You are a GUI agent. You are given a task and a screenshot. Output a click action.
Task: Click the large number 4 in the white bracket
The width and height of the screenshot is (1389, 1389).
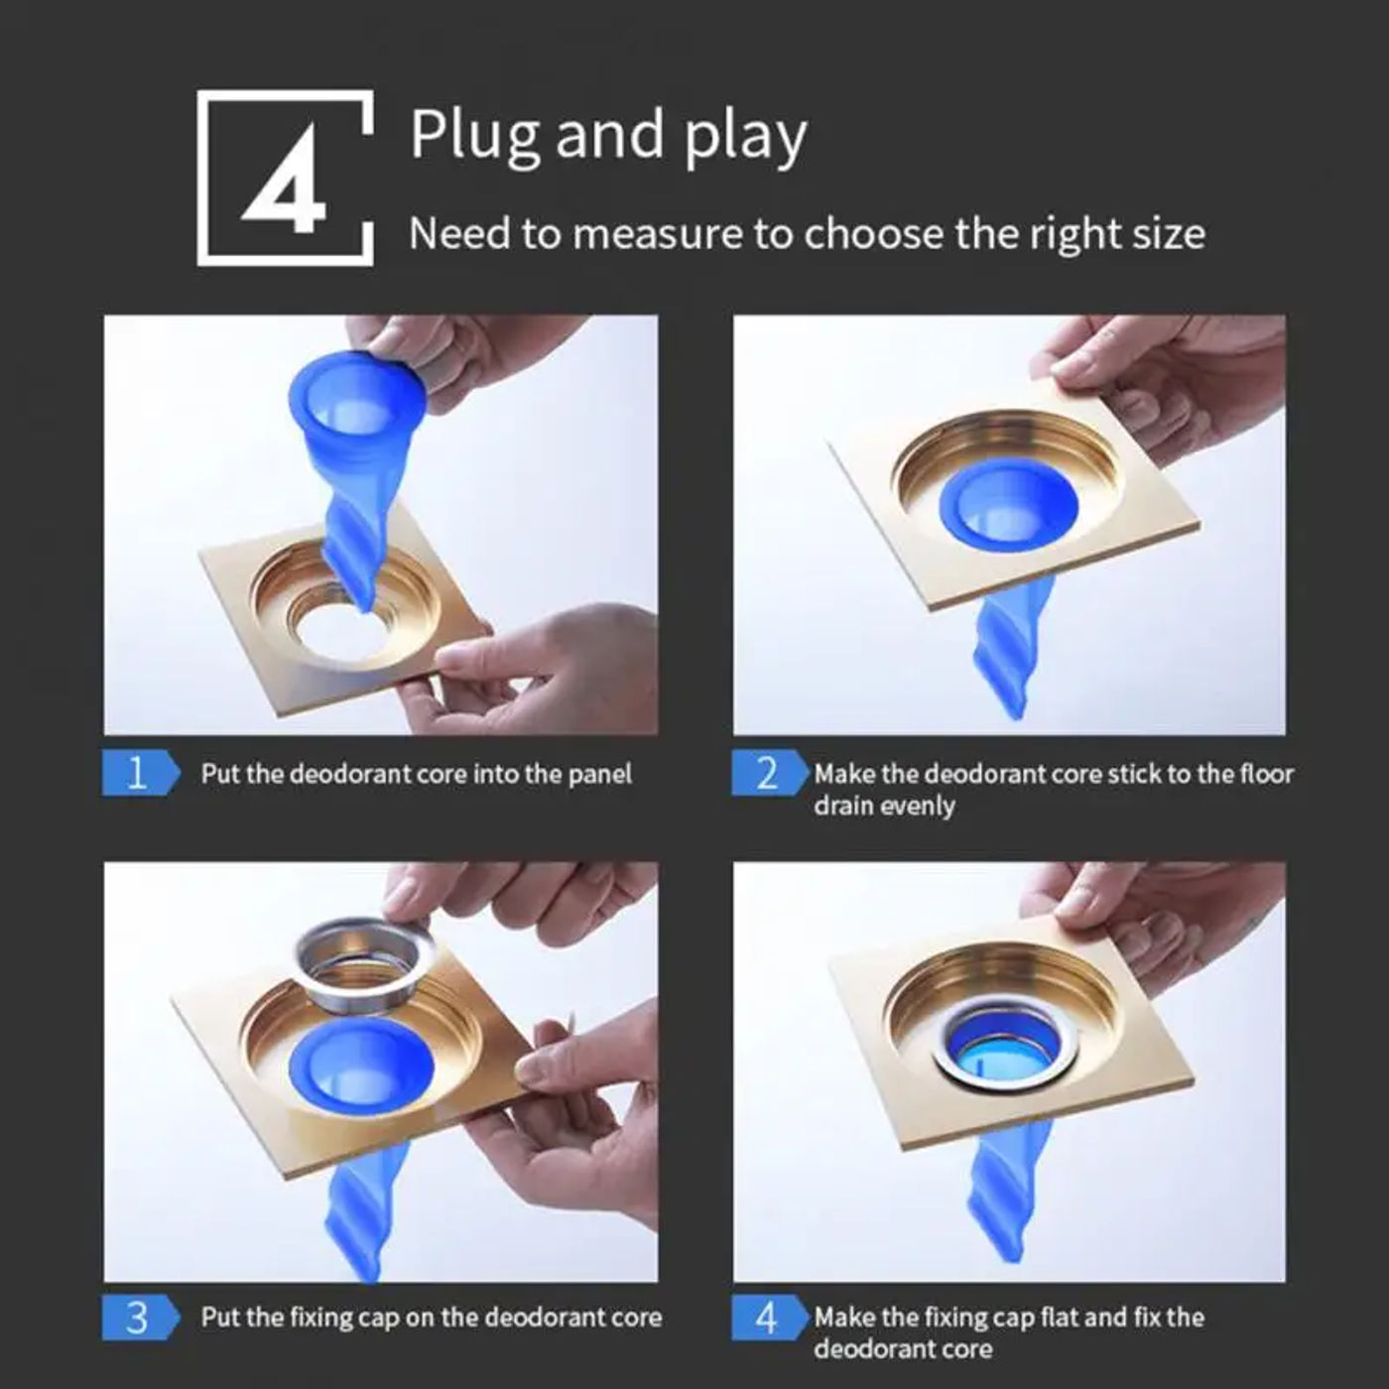tap(284, 179)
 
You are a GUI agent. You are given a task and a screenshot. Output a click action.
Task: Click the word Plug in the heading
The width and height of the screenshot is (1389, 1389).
tap(474, 135)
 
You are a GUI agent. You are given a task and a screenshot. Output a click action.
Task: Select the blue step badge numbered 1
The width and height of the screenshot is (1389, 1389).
tap(139, 773)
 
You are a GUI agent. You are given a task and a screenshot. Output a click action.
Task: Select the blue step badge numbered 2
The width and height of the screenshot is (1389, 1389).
tap(768, 773)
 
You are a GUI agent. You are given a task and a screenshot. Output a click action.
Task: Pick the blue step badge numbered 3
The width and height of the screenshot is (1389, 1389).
tap(139, 1318)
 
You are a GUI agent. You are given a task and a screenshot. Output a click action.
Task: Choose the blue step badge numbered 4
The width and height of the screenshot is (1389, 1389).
tap(768, 1318)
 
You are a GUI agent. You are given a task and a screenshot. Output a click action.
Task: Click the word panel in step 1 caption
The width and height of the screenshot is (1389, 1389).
tap(598, 774)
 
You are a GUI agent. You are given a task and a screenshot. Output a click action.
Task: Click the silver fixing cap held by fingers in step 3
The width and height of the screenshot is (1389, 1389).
tap(363, 958)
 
